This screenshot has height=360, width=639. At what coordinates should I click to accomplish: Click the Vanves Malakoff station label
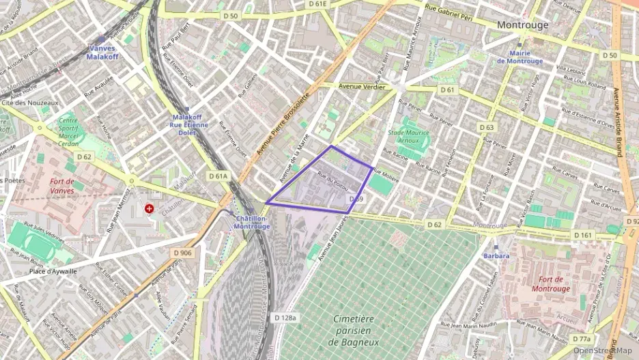(x=102, y=53)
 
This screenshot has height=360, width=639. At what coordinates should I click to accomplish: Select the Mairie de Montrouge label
(x=520, y=57)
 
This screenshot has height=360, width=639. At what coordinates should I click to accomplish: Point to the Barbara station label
(x=496, y=255)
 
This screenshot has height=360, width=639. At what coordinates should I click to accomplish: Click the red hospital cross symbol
(x=149, y=208)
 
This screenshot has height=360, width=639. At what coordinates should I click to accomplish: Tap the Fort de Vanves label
(x=62, y=186)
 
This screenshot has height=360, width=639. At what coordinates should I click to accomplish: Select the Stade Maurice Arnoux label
(x=409, y=138)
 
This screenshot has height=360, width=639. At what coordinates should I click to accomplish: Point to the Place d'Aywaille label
(x=53, y=271)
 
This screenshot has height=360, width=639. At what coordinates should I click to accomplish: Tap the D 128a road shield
(x=285, y=318)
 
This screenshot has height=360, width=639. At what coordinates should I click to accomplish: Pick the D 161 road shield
(x=582, y=236)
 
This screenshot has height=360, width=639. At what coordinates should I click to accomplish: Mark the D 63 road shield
(x=487, y=127)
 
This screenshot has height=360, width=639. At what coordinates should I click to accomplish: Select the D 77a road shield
(x=581, y=339)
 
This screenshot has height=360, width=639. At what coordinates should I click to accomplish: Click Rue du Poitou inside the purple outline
(x=333, y=181)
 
